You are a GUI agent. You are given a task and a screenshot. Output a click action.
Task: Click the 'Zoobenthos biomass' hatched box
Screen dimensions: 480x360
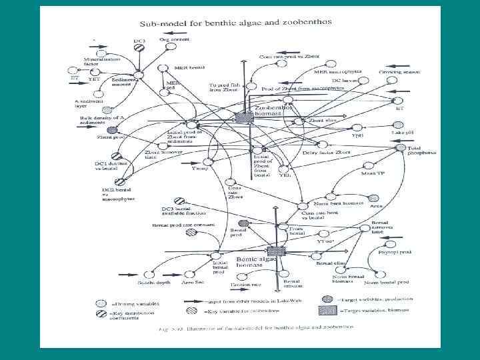tap(245, 117)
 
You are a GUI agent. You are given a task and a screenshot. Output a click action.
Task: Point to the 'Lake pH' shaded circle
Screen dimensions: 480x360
tap(399, 125)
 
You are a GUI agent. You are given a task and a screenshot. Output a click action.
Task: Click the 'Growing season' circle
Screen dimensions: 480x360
tap(399, 81)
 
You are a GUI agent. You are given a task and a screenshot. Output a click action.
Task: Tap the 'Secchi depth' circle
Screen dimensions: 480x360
tap(151, 274)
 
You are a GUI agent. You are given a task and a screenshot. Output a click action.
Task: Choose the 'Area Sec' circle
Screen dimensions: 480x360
tap(191, 274)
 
